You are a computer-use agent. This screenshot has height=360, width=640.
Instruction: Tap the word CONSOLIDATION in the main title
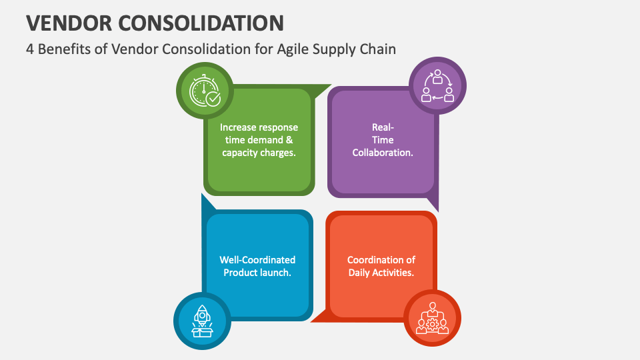pyautogui.click(x=199, y=23)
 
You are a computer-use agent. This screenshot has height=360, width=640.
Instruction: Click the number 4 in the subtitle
pyautogui.click(x=30, y=49)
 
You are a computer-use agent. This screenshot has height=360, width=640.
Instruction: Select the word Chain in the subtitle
pyautogui.click(x=377, y=49)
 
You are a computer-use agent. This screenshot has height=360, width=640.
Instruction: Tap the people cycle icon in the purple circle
pyautogui.click(x=437, y=85)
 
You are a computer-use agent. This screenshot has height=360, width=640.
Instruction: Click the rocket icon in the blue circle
pyautogui.click(x=203, y=320)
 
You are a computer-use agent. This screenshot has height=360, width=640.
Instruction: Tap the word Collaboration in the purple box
pyautogui.click(x=383, y=152)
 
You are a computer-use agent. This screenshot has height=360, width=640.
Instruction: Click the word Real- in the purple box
pyautogui.click(x=383, y=127)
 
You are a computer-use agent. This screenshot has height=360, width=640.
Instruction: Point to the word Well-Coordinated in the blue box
pyautogui.click(x=257, y=259)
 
